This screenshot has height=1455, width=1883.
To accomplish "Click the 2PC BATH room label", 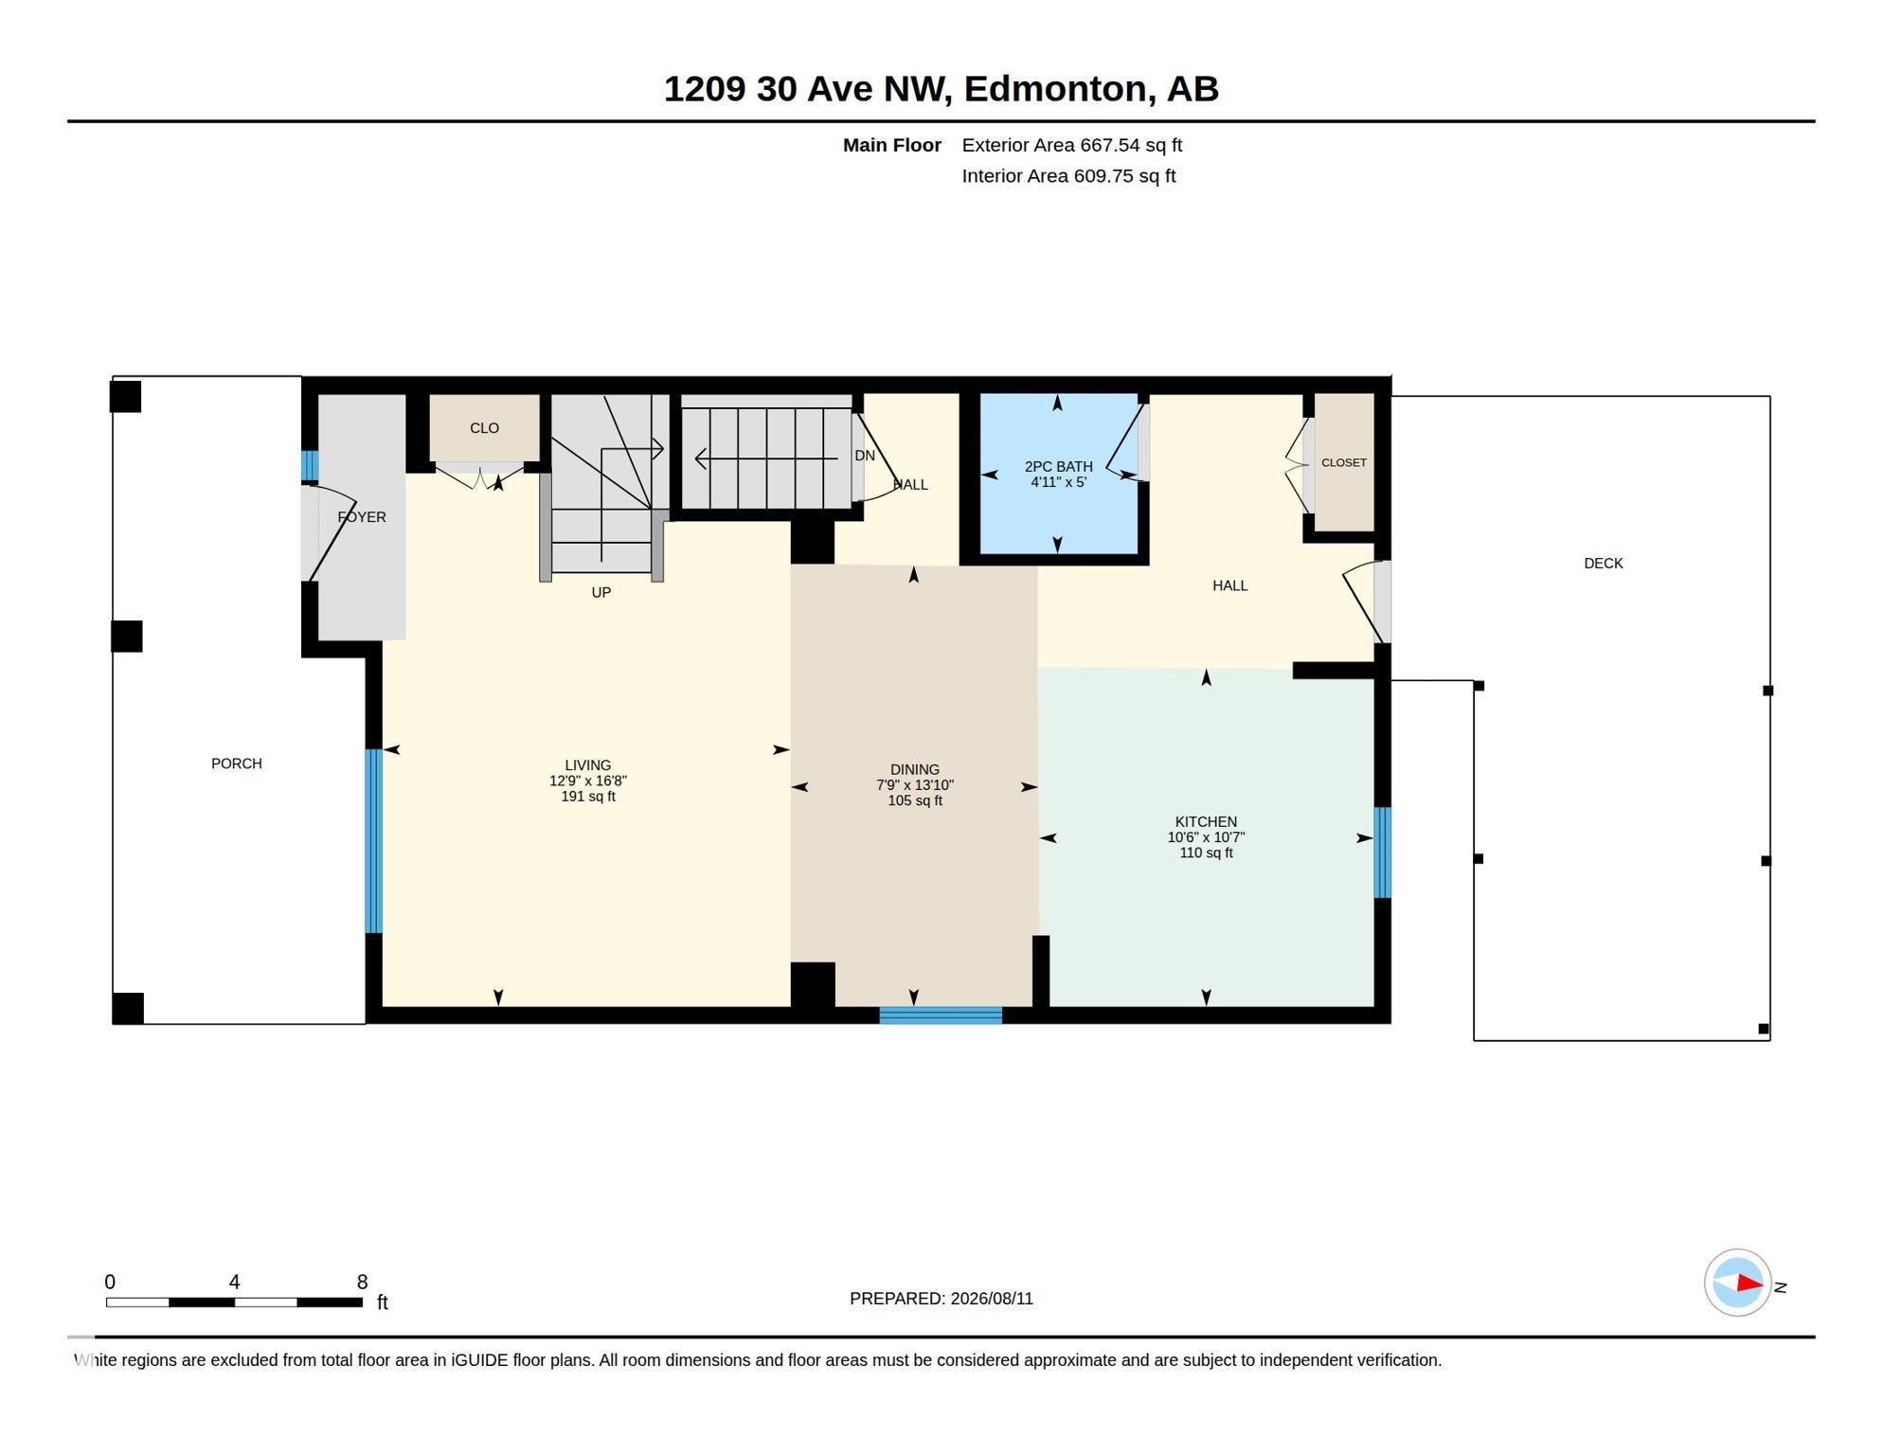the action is coord(1058,466).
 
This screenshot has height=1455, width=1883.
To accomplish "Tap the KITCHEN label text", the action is coord(1206,821).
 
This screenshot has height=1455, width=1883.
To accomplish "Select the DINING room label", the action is coord(914,769).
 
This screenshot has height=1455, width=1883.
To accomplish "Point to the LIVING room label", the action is coord(587,765).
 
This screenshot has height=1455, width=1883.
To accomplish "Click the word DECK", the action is coord(1603,564).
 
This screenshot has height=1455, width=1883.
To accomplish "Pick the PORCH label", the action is coord(236,763).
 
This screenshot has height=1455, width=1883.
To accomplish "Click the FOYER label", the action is coord(362,517).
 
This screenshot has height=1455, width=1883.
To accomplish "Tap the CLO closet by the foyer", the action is coord(484,428).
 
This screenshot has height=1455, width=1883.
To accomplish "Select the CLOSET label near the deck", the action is coord(1343,462).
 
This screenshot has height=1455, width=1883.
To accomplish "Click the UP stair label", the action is coord(601,593).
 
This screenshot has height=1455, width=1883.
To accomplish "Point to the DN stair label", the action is coord(864,456).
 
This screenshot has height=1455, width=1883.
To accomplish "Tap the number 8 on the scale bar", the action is coord(362,1282).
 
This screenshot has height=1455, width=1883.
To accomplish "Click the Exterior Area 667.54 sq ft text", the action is coord(1071,145).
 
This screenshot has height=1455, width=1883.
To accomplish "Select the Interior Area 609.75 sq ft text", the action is coord(1068,176).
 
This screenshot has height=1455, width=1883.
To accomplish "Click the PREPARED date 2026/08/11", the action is coord(992,1299).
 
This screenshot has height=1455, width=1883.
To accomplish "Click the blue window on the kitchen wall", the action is coord(1382,853).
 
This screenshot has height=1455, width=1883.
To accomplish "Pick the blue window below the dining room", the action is coord(941,1015).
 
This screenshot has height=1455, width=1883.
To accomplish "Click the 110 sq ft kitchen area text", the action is coord(1206,853).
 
